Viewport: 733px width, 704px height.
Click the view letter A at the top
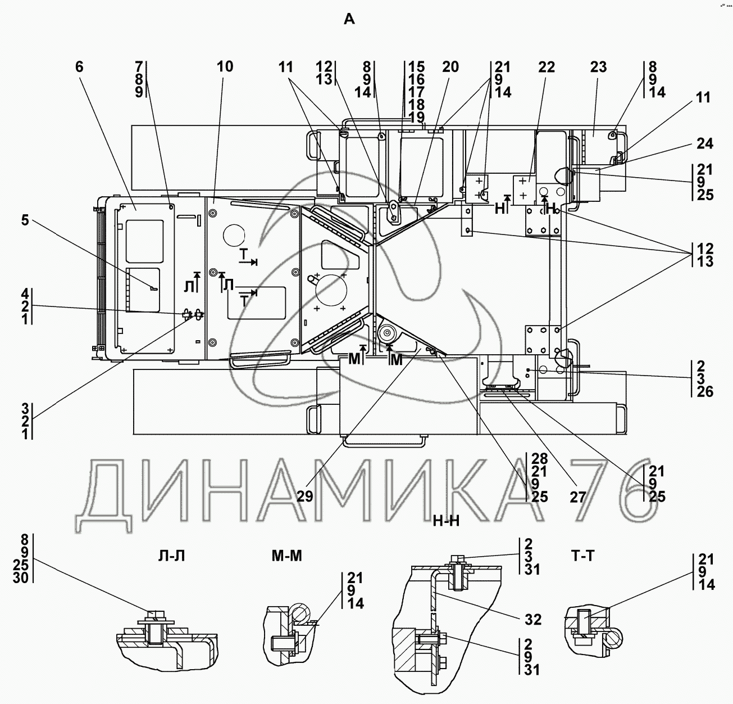pos(349,19)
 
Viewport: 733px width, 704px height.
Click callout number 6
pos(79,67)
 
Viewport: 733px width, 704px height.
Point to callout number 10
pos(225,67)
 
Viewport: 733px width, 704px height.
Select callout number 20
pos(450,67)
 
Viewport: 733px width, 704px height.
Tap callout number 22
pos(547,67)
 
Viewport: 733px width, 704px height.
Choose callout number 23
pos(599,67)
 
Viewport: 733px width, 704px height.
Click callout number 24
pos(705,143)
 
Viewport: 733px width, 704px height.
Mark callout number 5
pos(25,220)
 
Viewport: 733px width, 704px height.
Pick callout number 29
pos(305,497)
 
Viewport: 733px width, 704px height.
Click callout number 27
pos(578,498)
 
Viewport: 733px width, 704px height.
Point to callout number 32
pos(533,620)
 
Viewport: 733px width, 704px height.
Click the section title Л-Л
pos(171,556)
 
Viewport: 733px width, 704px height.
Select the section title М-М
pos(286,556)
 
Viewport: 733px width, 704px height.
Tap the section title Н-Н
pos(446,521)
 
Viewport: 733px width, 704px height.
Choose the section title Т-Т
pos(582,556)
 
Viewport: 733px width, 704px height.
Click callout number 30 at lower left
pos(21,577)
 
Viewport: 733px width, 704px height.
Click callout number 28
pos(539,459)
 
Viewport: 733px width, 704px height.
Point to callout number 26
pos(705,391)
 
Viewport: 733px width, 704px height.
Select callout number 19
pos(416,118)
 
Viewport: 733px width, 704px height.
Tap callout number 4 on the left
pos(25,294)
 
